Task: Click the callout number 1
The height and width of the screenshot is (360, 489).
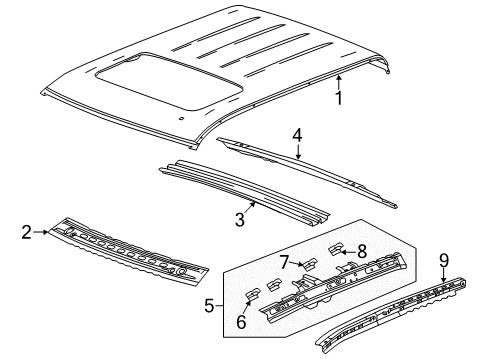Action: (339, 99)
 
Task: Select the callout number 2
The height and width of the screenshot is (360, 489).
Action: (27, 233)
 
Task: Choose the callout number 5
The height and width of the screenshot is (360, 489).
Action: (209, 306)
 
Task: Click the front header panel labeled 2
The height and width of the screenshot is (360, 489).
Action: (130, 257)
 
